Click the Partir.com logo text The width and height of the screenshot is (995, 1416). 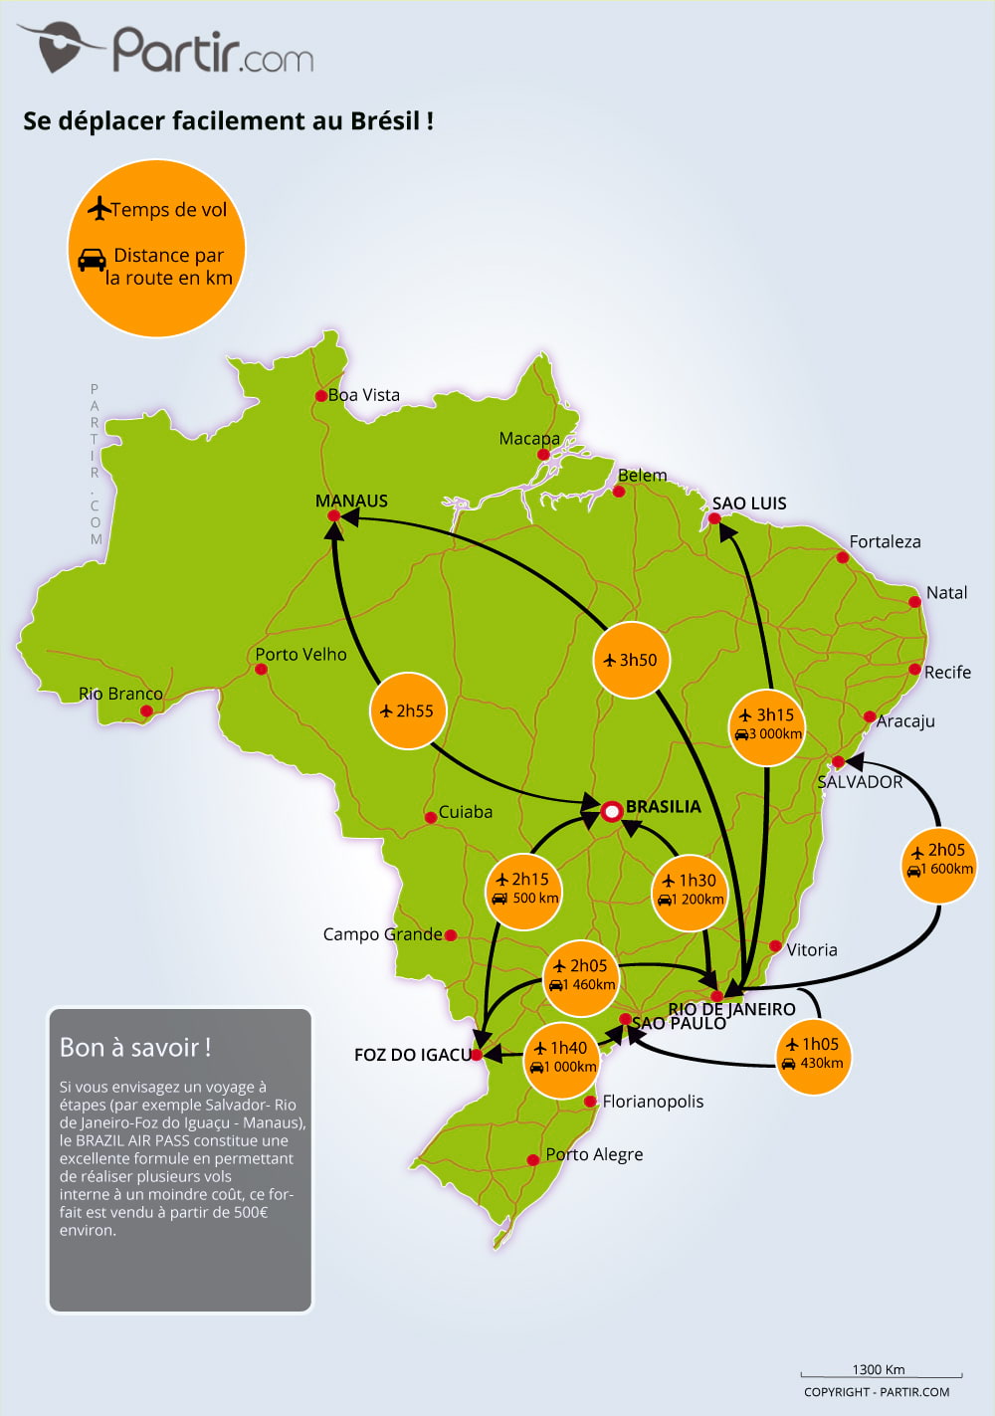coord(213,50)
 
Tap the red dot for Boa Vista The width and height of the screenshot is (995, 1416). coord(321,396)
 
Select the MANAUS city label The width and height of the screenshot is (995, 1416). coord(351,501)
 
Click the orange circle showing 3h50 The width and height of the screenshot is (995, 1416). coord(632,660)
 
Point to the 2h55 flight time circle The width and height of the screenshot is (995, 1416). coord(408,710)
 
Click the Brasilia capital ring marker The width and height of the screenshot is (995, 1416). coord(611,811)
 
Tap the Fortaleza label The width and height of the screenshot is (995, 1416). coord(885,541)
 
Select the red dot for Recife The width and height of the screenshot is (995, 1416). coord(914,669)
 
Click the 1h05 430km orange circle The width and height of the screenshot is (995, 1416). coord(813,1056)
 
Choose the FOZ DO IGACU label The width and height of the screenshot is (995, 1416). coord(413,1055)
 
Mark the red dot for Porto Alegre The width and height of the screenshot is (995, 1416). coord(533,1160)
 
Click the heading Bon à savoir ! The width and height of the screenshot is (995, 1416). coord(135,1048)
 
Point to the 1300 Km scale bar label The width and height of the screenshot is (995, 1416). coord(878,1369)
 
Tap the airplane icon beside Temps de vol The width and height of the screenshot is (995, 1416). coord(99,208)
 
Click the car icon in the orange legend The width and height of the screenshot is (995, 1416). coord(92,260)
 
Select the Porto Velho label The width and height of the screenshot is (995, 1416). coord(300,655)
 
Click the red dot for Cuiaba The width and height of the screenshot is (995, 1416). coord(431,817)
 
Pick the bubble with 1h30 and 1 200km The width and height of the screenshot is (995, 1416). coord(690,893)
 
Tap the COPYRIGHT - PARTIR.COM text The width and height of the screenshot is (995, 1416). coord(877,1391)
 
